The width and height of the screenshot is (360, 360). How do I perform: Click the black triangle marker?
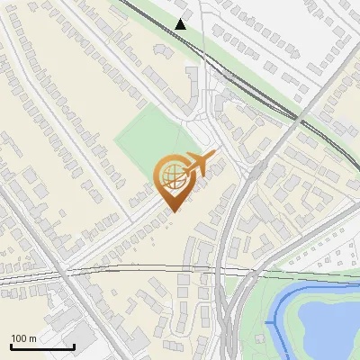click(181, 24)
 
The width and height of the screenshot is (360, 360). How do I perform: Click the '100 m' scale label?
click(23, 338)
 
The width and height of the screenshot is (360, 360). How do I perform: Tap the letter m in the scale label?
click(32, 338)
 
